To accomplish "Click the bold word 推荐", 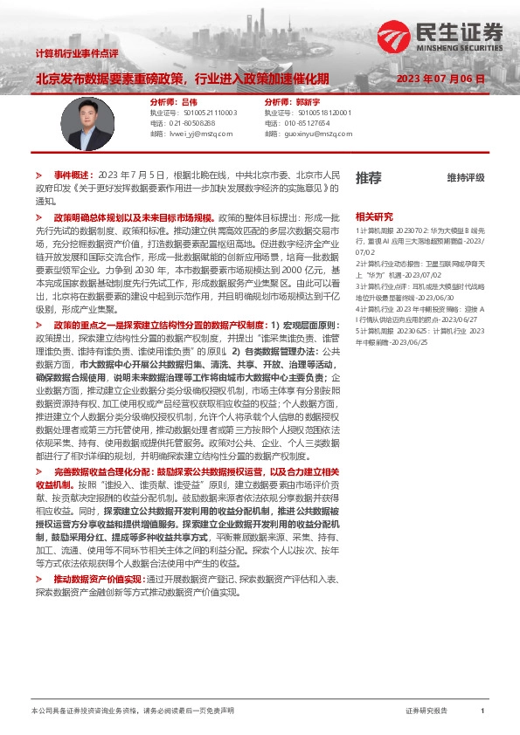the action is pyautogui.click(x=369, y=178).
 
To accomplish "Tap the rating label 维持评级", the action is pyautogui.click(x=465, y=178).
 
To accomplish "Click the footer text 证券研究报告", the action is pyautogui.click(x=426, y=711).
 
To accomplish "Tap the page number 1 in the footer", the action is pyautogui.click(x=482, y=711).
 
